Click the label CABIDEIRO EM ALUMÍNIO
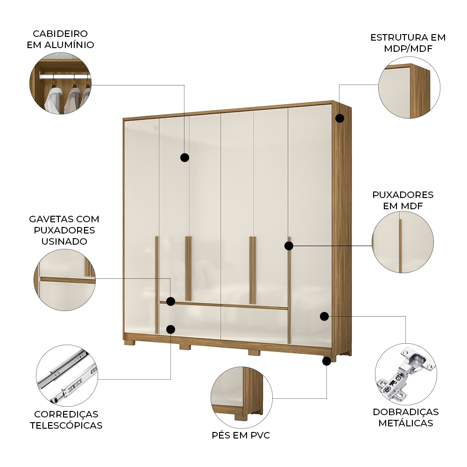click(x=63, y=39)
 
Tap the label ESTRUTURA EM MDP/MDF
click(x=408, y=43)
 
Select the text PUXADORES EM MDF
click(x=403, y=200)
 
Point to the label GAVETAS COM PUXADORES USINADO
click(x=64, y=230)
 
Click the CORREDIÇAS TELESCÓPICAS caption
click(x=66, y=419)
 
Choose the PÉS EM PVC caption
click(x=241, y=435)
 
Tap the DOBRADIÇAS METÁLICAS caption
click(x=405, y=417)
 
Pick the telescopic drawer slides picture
click(x=67, y=375)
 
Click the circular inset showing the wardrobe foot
click(x=241, y=396)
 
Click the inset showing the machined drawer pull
click(x=64, y=279)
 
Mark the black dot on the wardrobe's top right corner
click(x=340, y=118)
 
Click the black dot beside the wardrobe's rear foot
click(x=327, y=360)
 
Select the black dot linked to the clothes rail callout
click(x=184, y=157)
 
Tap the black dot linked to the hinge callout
click(x=324, y=316)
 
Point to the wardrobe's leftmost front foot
click(x=129, y=342)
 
